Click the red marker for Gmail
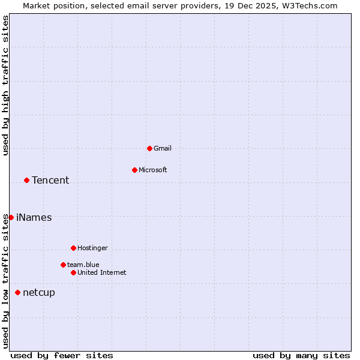(x=149, y=148)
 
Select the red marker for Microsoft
(x=134, y=170)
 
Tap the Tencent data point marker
(x=26, y=180)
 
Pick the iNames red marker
(x=11, y=217)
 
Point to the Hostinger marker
(x=73, y=248)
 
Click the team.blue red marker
(x=63, y=265)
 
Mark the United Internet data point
(x=73, y=272)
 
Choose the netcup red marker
(x=17, y=292)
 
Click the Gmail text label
(x=163, y=148)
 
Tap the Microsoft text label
(x=153, y=170)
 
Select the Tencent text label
(x=50, y=180)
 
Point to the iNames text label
(x=34, y=217)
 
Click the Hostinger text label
(x=92, y=248)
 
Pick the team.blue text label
(x=83, y=265)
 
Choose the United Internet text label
(x=102, y=272)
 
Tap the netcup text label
(x=39, y=292)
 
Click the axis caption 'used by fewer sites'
(x=62, y=355)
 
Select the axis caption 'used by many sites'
(x=301, y=355)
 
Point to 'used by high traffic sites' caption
(x=5, y=85)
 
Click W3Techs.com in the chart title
(x=310, y=5)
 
